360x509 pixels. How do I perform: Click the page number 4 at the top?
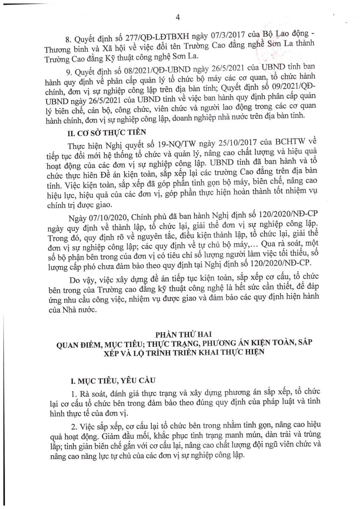pyautogui.click(x=178, y=17)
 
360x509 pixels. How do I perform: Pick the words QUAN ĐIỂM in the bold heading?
pyautogui.click(x=81, y=344)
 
